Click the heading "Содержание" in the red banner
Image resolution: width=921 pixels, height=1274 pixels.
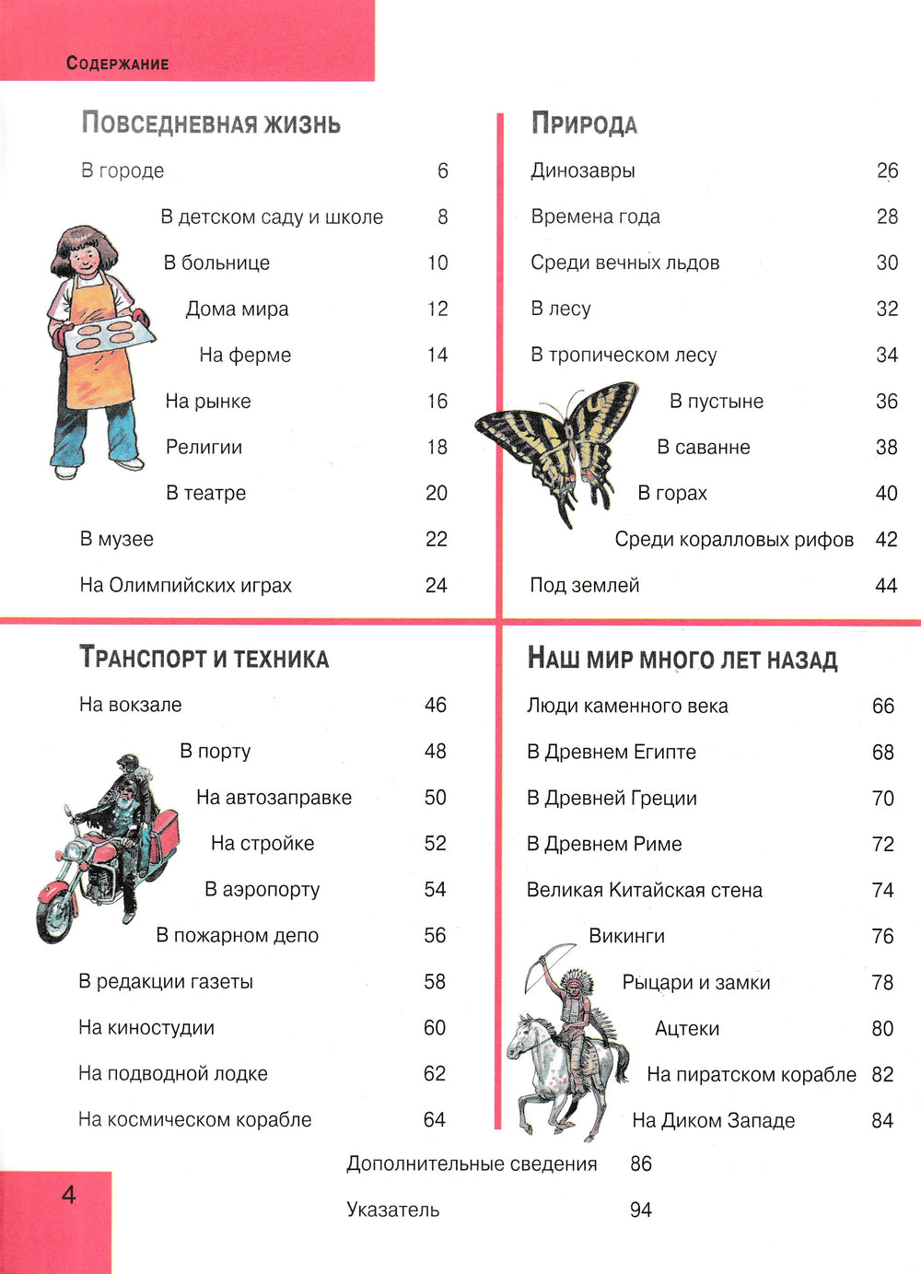pos(117,64)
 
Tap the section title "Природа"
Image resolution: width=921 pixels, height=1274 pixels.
pos(584,124)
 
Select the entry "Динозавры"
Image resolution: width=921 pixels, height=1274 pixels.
pos(583,170)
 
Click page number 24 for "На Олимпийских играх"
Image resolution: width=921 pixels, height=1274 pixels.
pos(436,585)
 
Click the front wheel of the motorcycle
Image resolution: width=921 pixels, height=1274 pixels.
pos(56,911)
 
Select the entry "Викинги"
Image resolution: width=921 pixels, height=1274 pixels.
pos(626,936)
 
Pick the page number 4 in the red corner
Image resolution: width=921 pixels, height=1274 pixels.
pos(69,1195)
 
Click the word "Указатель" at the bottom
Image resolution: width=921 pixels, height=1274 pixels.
pos(392,1210)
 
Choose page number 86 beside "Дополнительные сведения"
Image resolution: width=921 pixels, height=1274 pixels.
pos(641,1163)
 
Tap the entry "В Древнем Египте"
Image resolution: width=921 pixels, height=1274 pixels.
pos(611,752)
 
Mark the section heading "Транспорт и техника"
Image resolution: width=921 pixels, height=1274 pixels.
pos(204,659)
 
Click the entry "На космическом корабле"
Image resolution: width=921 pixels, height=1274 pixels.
pos(194,1119)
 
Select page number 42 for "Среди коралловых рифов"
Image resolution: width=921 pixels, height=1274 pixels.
pos(886,539)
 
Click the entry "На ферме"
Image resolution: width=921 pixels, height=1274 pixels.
pos(245,355)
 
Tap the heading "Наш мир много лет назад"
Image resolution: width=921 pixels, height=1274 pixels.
pos(682,660)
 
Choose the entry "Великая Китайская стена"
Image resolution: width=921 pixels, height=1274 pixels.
pos(644,890)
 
